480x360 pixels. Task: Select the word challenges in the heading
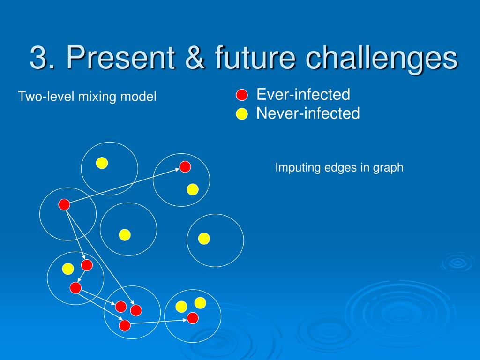(x=382, y=59)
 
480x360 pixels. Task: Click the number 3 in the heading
(x=38, y=57)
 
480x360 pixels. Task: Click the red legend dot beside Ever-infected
(x=242, y=95)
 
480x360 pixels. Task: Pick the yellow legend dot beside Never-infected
(x=242, y=114)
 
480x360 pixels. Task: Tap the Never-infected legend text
(x=308, y=113)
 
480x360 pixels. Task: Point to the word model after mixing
(x=138, y=97)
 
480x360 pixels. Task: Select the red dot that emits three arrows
(x=64, y=204)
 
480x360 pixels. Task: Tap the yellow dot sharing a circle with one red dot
(x=193, y=189)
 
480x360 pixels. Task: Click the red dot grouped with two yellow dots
(x=193, y=318)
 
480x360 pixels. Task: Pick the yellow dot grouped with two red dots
(x=68, y=269)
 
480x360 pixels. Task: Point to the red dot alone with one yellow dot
(x=185, y=167)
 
